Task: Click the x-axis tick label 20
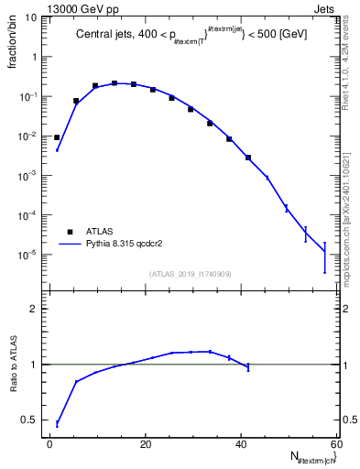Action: tap(145, 444)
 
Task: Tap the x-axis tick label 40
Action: tap(241, 444)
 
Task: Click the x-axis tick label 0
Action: tap(49, 444)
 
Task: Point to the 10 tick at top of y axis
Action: tap(30, 17)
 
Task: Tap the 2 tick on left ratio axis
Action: tap(34, 309)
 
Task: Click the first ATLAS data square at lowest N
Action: tap(57, 137)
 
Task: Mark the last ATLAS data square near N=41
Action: tap(247, 158)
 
